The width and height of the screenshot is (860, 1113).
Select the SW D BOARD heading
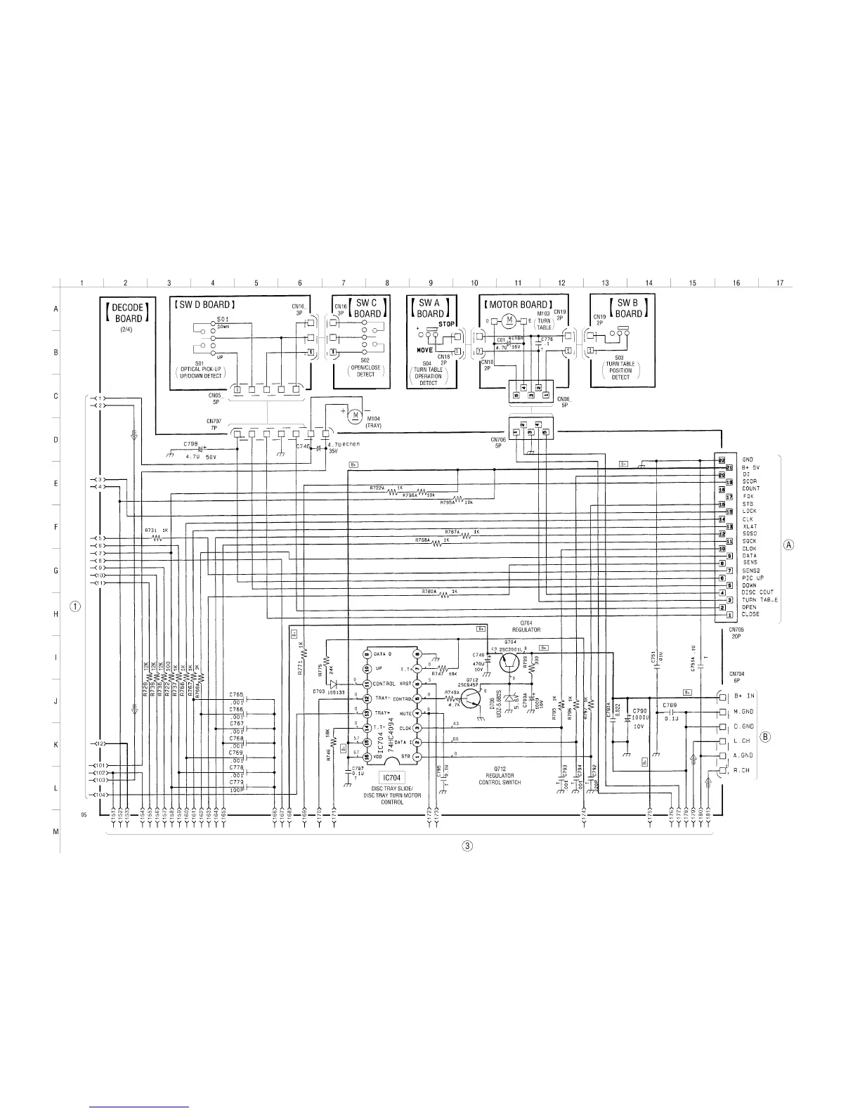coord(204,304)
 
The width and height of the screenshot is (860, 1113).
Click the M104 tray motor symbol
coord(356,415)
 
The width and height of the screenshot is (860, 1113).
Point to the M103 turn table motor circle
coord(507,321)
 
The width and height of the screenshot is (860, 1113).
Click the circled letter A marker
coord(788,545)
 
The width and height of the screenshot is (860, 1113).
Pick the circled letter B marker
coord(766,737)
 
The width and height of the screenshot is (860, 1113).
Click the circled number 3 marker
coord(466,845)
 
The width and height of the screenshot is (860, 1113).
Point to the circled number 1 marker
coord(75,606)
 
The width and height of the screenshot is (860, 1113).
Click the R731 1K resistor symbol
coord(157,538)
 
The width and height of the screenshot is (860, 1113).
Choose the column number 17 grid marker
coord(779,283)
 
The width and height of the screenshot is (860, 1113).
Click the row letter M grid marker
coord(56,832)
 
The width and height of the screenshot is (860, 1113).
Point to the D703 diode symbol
coord(333,683)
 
